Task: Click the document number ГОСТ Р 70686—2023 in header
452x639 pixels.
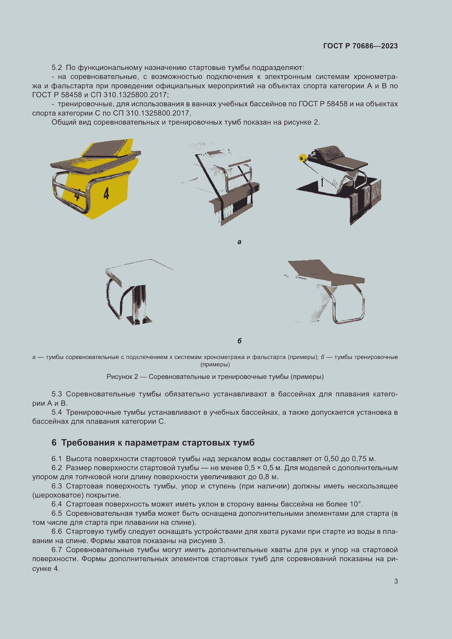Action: point(360,46)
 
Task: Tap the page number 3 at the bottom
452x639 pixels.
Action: point(396,581)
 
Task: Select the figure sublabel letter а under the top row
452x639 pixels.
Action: point(239,242)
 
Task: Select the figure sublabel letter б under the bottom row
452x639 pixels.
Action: point(239,341)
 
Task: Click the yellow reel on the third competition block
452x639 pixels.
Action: point(302,158)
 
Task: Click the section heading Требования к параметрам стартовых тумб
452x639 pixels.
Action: point(157,443)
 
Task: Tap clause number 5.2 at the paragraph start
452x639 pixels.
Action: point(57,68)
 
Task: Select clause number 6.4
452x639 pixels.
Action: point(57,504)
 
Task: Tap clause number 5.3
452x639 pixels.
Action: point(57,394)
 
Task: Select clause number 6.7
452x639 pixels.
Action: point(57,550)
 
